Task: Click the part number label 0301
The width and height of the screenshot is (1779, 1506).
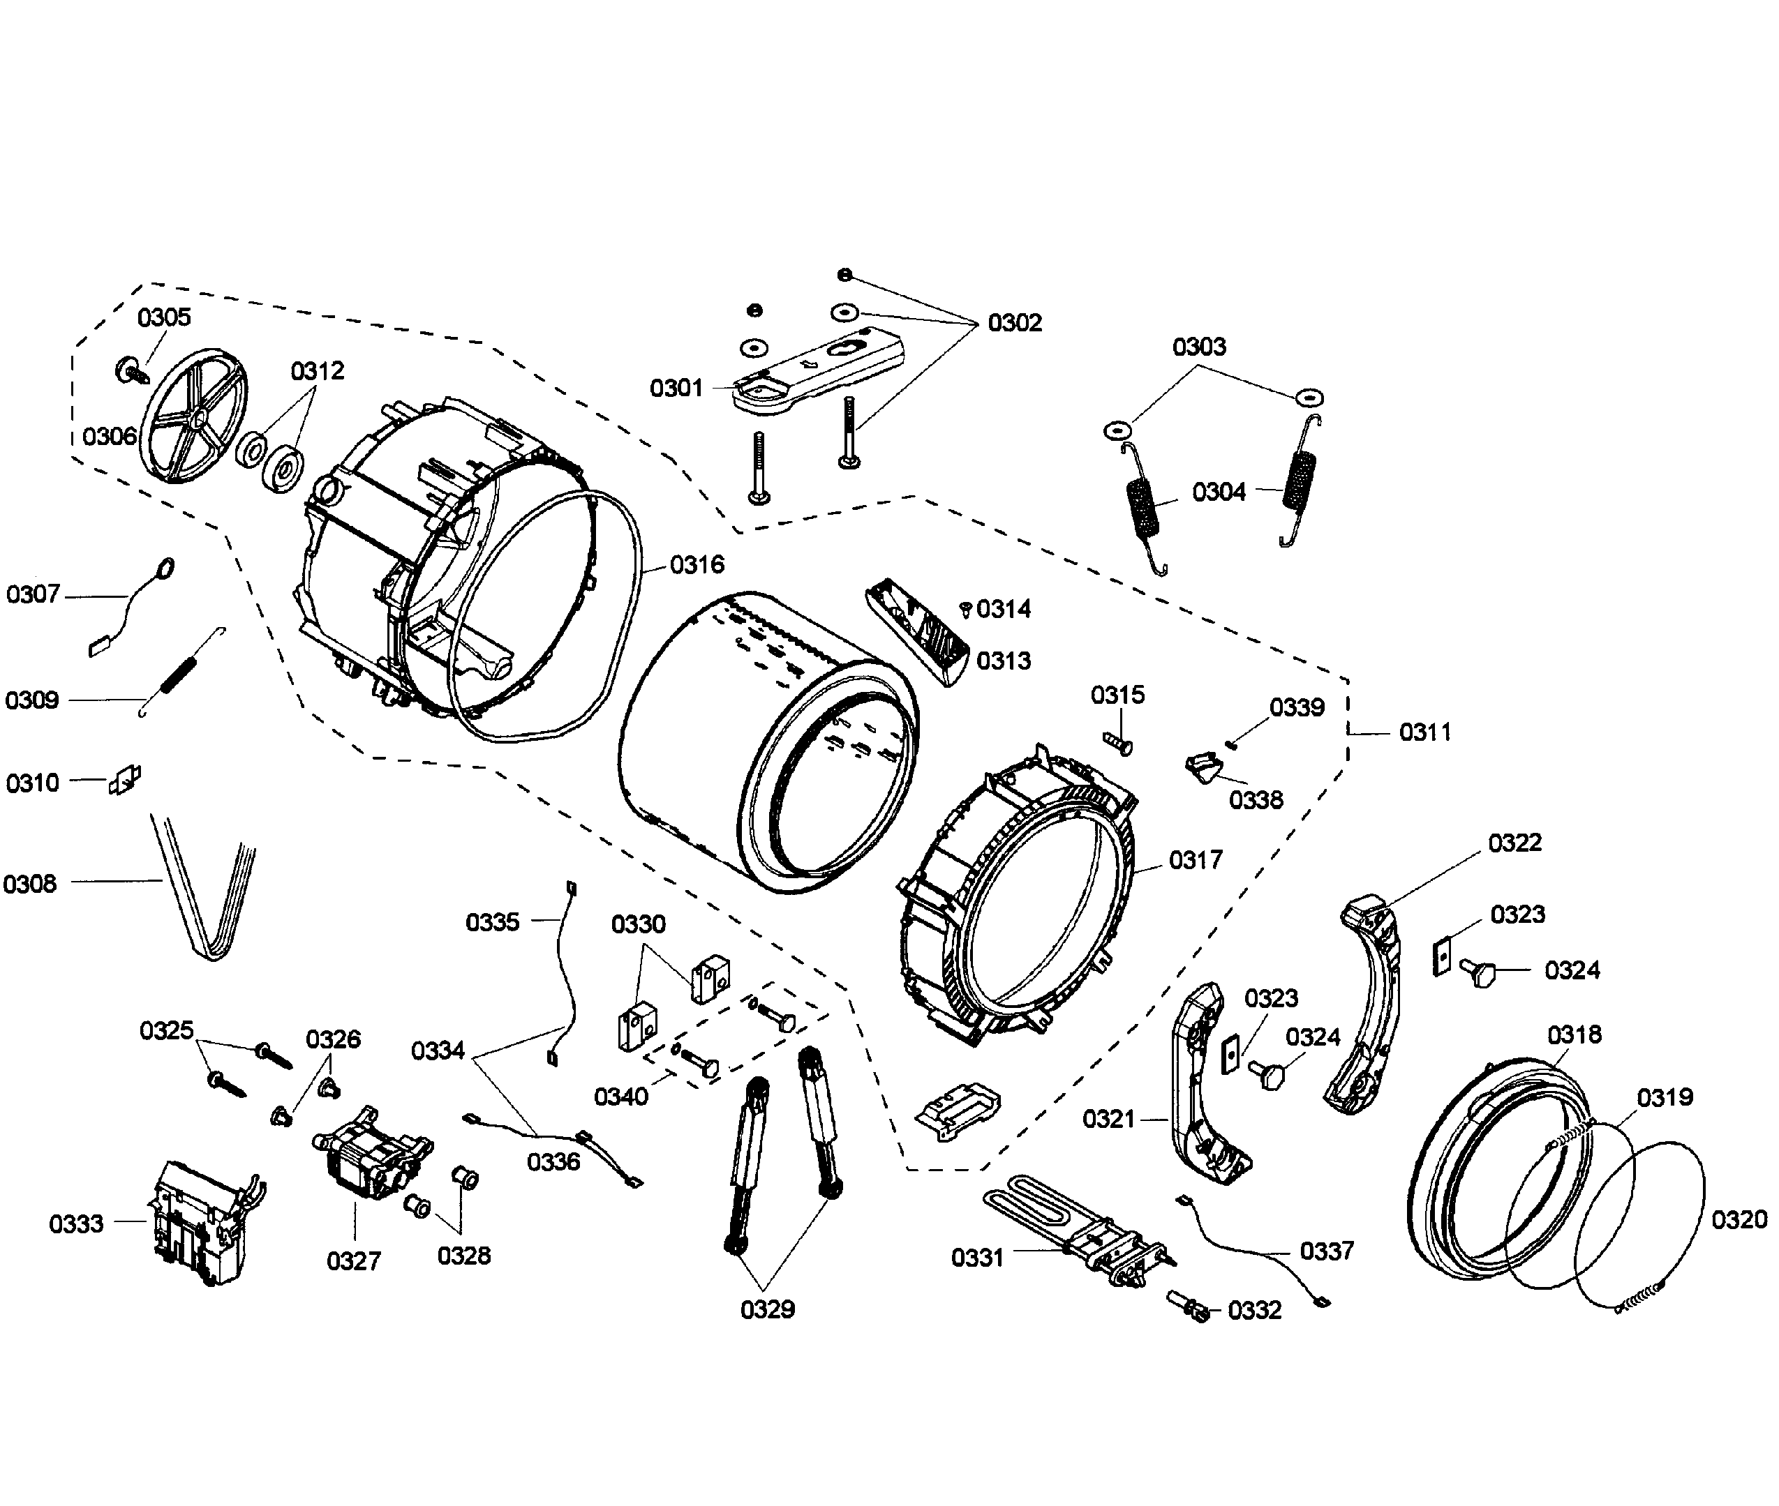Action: click(676, 389)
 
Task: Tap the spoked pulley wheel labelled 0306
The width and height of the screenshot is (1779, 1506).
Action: click(192, 416)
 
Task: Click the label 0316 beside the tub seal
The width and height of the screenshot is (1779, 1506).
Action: click(697, 564)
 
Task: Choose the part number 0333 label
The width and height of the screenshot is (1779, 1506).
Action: click(76, 1224)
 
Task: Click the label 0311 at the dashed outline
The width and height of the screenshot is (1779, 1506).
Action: click(1424, 732)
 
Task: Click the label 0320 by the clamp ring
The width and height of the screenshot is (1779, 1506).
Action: click(1739, 1220)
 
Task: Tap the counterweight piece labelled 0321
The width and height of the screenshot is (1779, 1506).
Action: click(1204, 1084)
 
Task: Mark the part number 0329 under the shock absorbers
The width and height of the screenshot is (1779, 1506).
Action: click(767, 1309)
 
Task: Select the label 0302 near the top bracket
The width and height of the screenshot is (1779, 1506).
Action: click(1015, 323)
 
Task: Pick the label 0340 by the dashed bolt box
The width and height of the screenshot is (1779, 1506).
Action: click(621, 1097)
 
